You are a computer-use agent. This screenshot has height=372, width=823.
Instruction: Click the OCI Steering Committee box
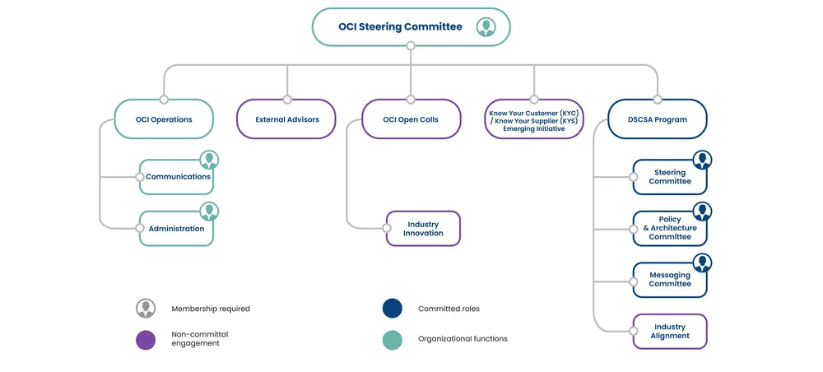click(x=401, y=27)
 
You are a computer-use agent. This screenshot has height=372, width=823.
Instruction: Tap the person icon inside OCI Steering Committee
click(x=486, y=27)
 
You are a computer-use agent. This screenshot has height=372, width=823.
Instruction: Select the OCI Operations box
click(x=164, y=119)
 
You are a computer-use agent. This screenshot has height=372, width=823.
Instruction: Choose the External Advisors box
click(x=287, y=119)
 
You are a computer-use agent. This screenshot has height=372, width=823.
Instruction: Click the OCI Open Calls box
click(x=411, y=119)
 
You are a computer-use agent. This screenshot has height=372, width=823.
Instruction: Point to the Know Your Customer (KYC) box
click(x=534, y=120)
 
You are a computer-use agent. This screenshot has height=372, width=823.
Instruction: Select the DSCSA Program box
click(x=658, y=119)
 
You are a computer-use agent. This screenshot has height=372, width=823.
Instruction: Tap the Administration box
click(x=176, y=229)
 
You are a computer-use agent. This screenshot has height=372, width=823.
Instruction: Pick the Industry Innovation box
click(x=423, y=229)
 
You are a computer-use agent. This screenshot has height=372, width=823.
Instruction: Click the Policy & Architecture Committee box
click(x=669, y=229)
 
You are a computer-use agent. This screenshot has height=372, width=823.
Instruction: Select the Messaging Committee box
click(x=669, y=280)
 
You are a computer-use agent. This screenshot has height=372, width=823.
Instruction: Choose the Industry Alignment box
click(x=669, y=332)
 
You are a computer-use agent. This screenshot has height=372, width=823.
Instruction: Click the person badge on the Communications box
click(x=209, y=160)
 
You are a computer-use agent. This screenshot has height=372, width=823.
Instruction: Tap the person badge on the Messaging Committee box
click(x=702, y=263)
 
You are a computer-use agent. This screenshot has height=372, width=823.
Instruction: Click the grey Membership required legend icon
click(x=146, y=309)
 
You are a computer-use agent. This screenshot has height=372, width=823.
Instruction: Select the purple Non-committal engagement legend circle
click(x=146, y=340)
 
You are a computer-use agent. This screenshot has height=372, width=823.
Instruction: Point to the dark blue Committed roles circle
click(x=393, y=309)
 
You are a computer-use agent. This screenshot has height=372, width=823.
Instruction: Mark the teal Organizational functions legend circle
click(x=393, y=340)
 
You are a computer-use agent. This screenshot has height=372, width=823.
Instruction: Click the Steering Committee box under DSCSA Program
click(x=669, y=177)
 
